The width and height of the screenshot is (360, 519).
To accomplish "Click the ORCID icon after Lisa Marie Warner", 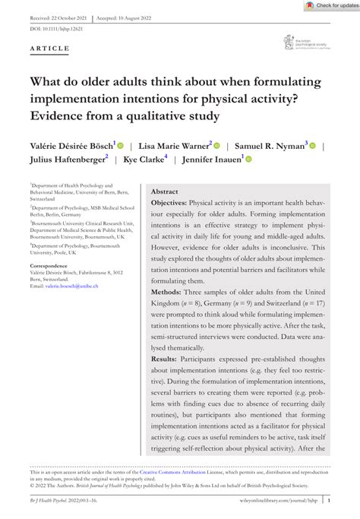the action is pos(216,144).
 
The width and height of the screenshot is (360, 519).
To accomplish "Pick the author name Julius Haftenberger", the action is pos(67,160).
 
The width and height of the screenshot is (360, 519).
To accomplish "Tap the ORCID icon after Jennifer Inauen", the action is pos(248,159).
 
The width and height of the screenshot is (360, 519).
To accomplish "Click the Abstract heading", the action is pos(165,193).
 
